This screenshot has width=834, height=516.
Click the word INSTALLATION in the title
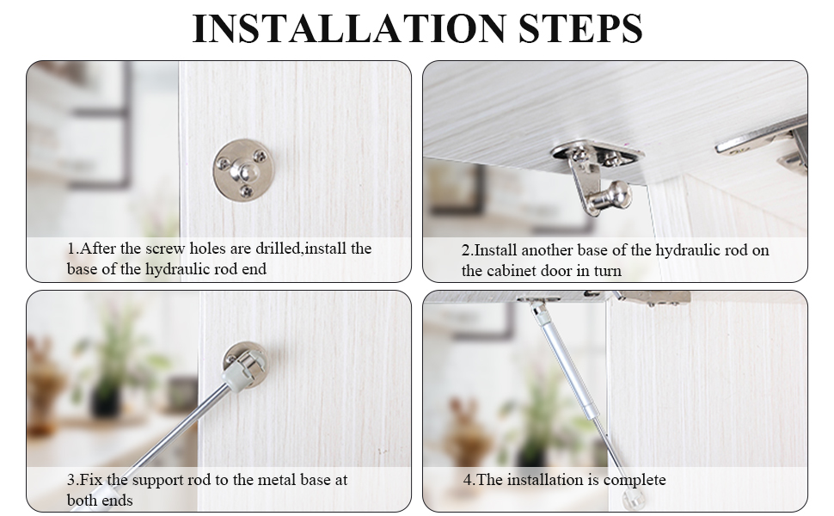pos(349,28)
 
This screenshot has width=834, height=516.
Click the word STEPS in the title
pos(580,28)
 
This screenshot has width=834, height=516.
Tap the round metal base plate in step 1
pos(242,169)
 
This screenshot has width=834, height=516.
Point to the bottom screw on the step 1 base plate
pos(245,190)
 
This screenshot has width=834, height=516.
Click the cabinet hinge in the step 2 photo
pos(766,146)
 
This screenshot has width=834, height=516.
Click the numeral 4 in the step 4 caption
pos(468,480)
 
